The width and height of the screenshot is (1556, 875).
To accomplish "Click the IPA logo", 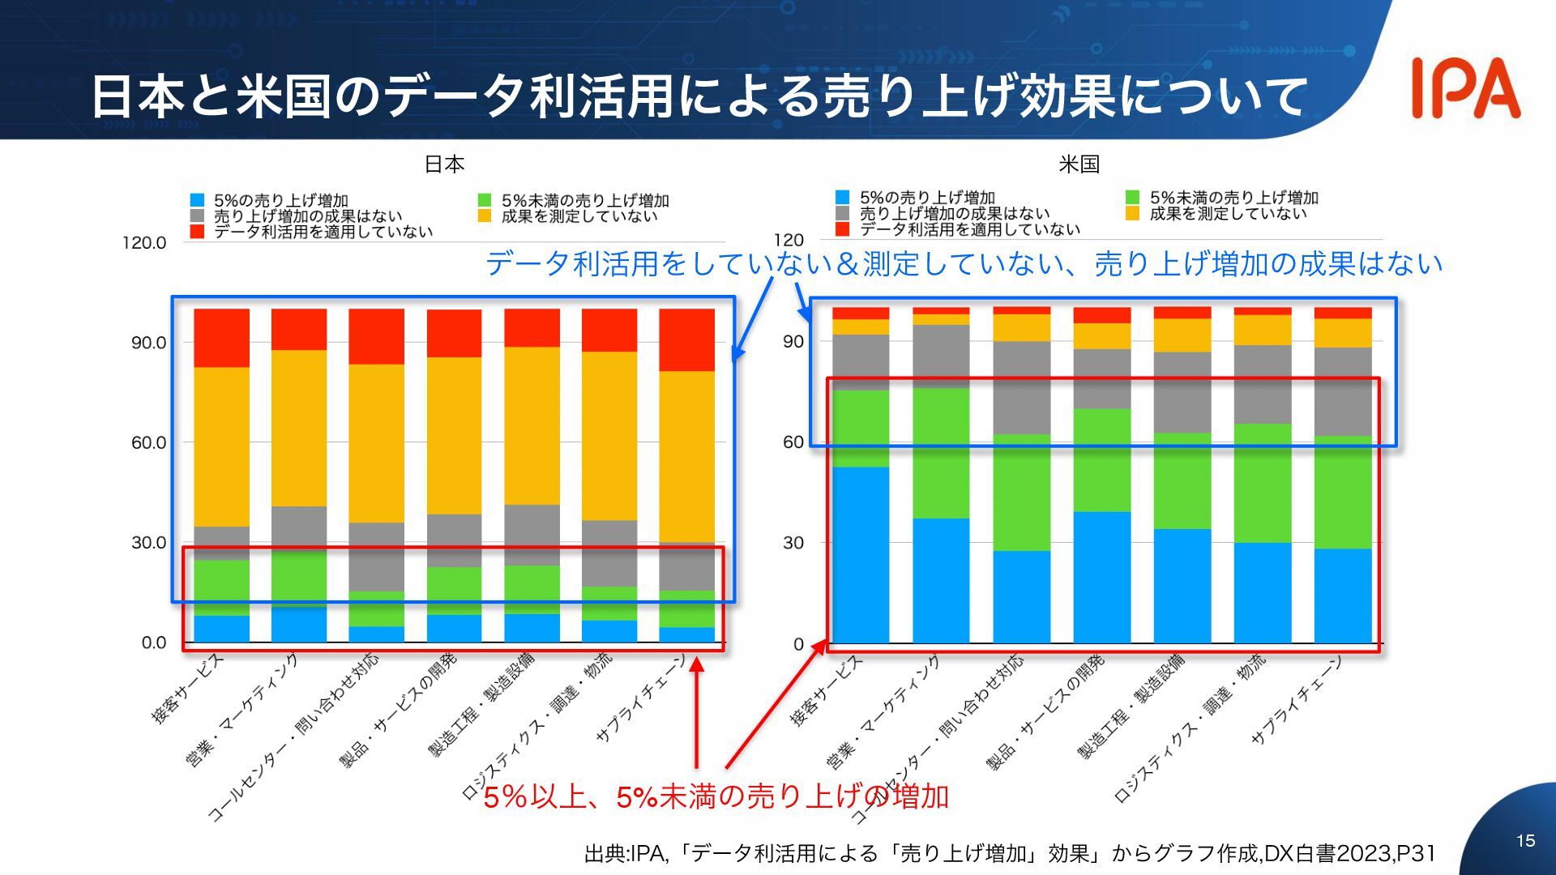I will coord(1465,87).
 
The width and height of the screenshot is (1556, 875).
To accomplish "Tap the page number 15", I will coord(1525,841).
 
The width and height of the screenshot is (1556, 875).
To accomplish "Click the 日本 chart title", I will coord(444,164).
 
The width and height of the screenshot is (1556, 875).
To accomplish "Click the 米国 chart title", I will coord(1079,164).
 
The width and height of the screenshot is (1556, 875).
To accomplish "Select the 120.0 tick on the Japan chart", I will coord(144,242).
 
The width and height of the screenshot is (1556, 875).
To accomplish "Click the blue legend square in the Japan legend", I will coord(197,200).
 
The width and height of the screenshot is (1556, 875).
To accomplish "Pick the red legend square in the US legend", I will coord(842,229).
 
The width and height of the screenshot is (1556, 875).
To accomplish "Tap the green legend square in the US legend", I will coord(1133,198).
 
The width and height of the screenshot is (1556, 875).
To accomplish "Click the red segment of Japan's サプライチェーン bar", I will coord(686,339).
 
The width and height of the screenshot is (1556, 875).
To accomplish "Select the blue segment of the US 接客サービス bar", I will coord(860,554).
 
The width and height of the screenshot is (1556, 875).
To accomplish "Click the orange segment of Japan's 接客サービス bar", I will coord(221,446).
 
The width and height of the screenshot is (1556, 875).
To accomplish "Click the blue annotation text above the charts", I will coord(964,264).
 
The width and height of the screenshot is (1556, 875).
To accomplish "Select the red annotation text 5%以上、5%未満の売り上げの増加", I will coord(716,797).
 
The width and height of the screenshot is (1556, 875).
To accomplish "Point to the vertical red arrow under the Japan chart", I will coord(696,713).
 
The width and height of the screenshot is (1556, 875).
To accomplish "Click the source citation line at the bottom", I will coord(1010,853).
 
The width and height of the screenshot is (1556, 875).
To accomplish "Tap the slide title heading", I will coord(699,96).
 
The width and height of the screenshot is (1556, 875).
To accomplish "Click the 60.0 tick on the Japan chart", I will coord(148,442).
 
